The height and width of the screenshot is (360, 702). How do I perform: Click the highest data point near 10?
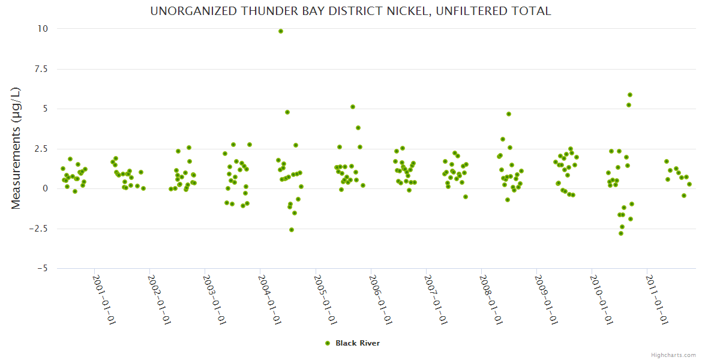(x=281, y=31)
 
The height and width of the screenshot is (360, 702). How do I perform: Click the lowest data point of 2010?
(x=621, y=233)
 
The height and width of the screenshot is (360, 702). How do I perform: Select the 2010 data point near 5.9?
(x=630, y=95)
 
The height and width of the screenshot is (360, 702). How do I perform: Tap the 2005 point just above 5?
(x=353, y=107)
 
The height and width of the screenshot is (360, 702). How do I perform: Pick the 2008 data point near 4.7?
(x=509, y=114)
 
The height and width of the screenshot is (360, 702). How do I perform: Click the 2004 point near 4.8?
(x=287, y=112)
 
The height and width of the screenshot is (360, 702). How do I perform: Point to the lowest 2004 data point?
(x=292, y=230)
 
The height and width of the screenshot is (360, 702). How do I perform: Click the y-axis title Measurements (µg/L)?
(x=16, y=148)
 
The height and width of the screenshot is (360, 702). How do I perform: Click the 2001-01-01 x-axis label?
(x=103, y=299)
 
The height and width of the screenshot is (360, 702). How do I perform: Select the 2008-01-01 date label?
(x=490, y=299)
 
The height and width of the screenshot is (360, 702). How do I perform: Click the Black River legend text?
(x=358, y=343)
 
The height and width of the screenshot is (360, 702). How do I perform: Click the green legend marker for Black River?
(x=328, y=343)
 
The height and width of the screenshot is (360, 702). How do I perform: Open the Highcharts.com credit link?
(x=673, y=355)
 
